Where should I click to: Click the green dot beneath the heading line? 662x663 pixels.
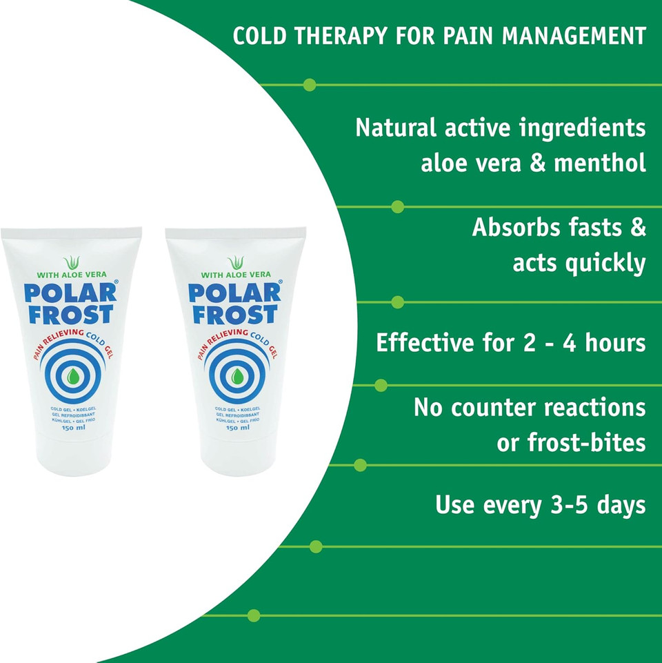310,85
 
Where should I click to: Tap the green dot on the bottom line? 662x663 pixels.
254,615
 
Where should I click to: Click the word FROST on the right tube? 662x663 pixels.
235,315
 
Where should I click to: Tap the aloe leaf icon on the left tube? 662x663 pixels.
71,263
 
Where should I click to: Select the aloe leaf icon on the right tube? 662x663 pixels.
236,263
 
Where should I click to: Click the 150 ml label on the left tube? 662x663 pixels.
71,428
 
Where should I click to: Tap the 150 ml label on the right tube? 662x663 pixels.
236,428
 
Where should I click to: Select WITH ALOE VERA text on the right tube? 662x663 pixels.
236,275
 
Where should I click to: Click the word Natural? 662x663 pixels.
396,128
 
